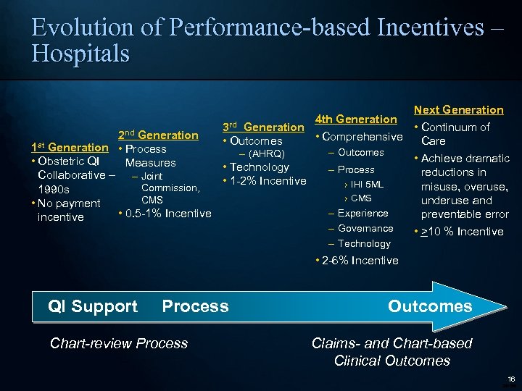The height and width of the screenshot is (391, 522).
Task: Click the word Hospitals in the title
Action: (80, 54)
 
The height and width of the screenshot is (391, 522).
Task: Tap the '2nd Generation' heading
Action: (158, 135)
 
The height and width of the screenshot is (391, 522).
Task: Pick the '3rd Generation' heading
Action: (263, 127)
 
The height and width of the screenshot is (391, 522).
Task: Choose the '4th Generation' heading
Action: (355, 119)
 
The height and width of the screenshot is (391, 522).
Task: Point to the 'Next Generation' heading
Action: (458, 109)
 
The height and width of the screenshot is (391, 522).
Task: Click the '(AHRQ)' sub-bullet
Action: (267, 154)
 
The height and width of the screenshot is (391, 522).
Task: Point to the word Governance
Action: (365, 228)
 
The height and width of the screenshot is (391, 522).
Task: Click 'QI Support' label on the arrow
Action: (92, 306)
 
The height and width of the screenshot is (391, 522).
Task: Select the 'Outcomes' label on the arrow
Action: (430, 306)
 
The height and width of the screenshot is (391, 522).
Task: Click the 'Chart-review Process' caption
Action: (119, 343)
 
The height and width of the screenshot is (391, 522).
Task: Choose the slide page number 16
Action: (510, 379)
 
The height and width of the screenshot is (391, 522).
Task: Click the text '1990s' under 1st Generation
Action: (54, 190)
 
